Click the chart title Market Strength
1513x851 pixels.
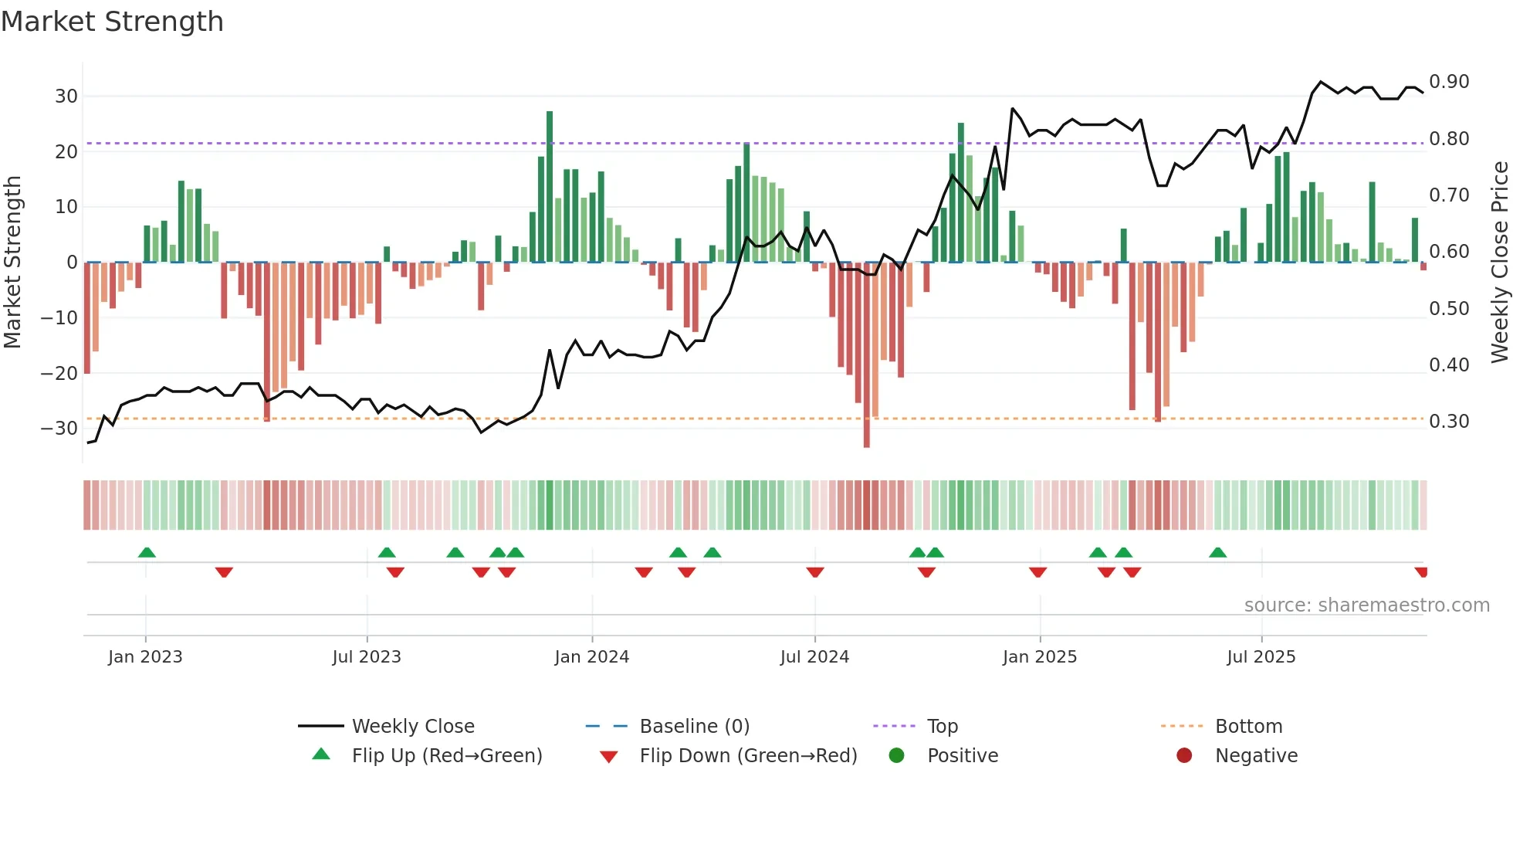112,22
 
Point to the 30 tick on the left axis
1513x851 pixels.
66,97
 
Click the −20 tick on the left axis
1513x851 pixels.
59,374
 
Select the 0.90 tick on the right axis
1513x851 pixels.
1449,82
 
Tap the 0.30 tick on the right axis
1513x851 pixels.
1449,422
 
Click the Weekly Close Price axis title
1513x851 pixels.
1499,263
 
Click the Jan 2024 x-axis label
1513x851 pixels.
591,657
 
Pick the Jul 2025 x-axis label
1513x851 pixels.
1261,657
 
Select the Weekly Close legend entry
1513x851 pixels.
413,727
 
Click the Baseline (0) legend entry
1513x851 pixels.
694,727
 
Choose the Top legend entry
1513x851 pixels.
942,727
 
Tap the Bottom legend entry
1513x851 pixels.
1248,727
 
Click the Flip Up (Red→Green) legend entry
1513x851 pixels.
447,756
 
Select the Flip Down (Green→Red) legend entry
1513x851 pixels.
748,756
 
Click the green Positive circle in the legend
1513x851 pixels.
896,756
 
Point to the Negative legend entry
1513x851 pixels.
1256,756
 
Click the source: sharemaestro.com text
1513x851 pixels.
1366,605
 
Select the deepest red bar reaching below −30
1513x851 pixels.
866,355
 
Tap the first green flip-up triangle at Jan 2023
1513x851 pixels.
147,552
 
